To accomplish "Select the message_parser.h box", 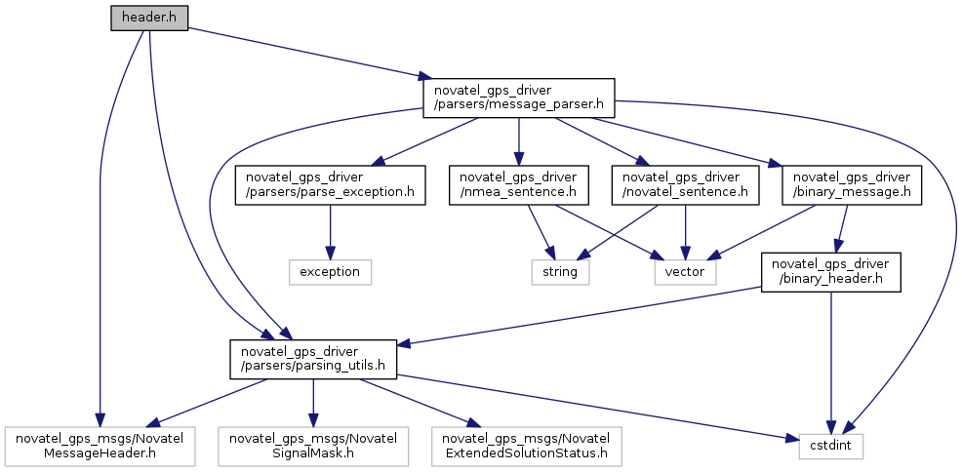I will (x=518, y=98).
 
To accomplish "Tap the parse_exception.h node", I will (x=331, y=184).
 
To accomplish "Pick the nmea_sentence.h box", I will (x=518, y=184).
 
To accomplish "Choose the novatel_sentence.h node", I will (x=686, y=184).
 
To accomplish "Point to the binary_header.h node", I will (x=829, y=272).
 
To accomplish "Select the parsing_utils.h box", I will (x=312, y=359).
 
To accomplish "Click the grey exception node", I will (x=331, y=272).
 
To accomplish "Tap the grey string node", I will (x=561, y=272).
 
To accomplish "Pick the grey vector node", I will (x=685, y=272).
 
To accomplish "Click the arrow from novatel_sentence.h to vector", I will (x=686, y=229).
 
